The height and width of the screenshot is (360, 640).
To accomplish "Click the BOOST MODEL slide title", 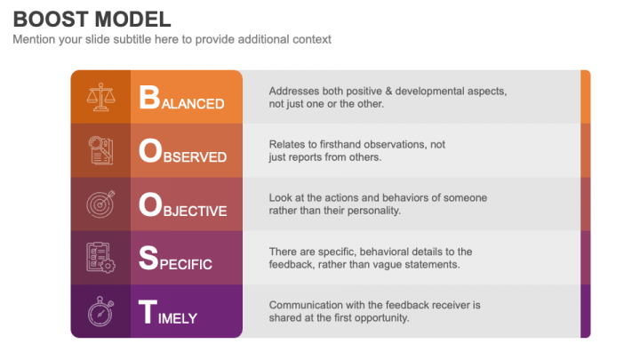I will pyautogui.click(x=92, y=19).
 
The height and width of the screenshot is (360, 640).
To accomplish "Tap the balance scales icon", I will pyautogui.click(x=100, y=98).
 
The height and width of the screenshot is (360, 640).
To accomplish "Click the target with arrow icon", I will pyautogui.click(x=100, y=204).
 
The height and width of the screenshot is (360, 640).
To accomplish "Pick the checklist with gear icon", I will pyautogui.click(x=100, y=258).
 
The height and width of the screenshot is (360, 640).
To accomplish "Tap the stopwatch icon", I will pyautogui.click(x=100, y=312).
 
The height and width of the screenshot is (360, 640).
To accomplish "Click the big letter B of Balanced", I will pyautogui.click(x=148, y=99).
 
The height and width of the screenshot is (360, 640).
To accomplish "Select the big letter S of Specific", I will pyautogui.click(x=148, y=259).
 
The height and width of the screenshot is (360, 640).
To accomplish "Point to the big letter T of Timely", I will pyautogui.click(x=148, y=313).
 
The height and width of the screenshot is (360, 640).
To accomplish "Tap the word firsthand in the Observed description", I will pyautogui.click(x=348, y=145).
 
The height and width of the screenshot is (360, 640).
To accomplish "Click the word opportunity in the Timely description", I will pyautogui.click(x=381, y=317).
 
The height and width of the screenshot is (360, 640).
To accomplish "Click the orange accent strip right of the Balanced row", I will pyautogui.click(x=585, y=97).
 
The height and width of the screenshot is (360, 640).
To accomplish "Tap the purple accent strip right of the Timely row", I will pyautogui.click(x=585, y=311).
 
